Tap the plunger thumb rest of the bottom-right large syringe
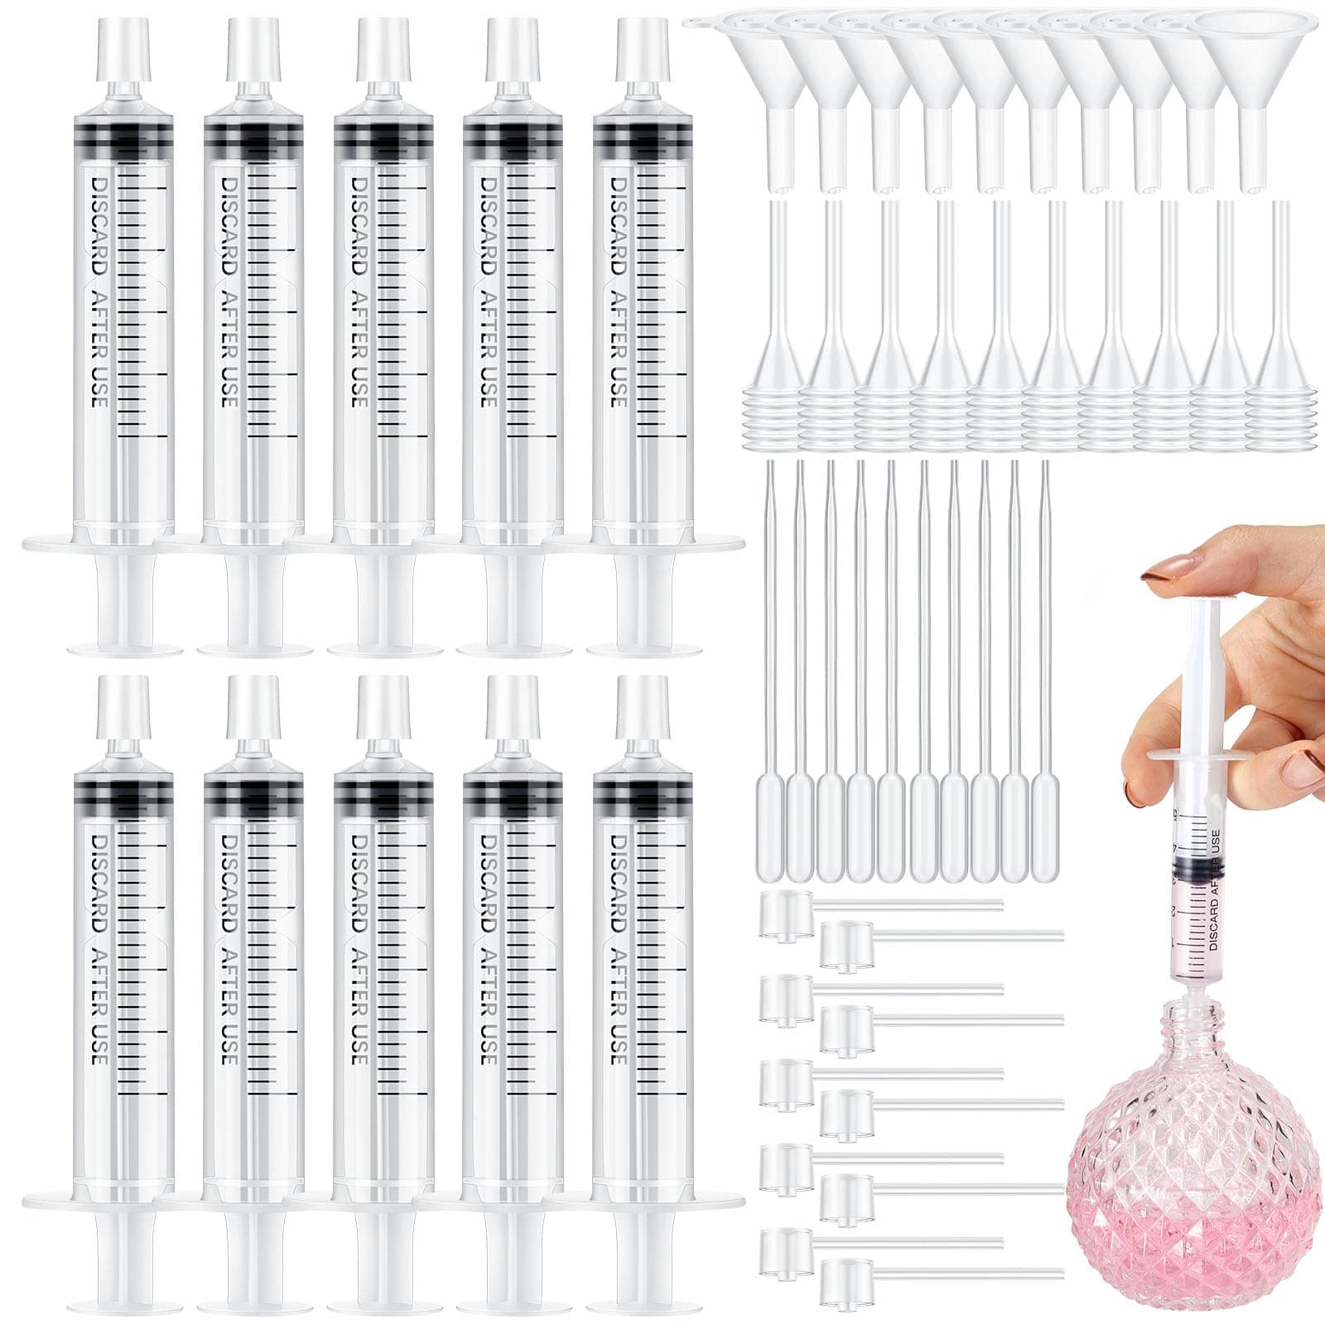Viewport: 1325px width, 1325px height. (x=642, y=1305)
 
